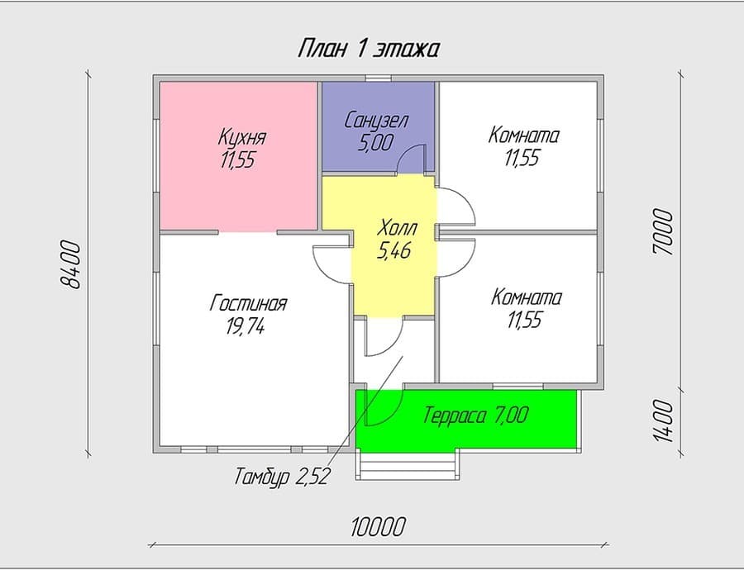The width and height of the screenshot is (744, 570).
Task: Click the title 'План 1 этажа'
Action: (368, 49)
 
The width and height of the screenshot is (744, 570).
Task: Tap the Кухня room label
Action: (242, 136)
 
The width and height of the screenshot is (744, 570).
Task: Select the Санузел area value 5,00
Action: (376, 142)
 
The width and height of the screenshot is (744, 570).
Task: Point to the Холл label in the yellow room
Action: (397, 229)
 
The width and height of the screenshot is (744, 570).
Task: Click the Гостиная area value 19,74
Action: (246, 326)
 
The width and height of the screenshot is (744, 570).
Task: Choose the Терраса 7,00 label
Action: (475, 416)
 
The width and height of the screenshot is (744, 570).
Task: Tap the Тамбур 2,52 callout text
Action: (281, 476)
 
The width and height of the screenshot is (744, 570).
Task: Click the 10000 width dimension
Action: (378, 527)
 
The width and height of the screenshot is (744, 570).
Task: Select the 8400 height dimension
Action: (72, 264)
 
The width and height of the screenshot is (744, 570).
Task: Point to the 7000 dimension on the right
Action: (663, 232)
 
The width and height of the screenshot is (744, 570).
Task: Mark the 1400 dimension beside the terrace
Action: (663, 421)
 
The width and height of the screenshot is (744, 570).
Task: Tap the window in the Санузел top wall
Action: (378, 78)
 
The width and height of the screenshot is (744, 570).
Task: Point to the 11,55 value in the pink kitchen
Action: (237, 159)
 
